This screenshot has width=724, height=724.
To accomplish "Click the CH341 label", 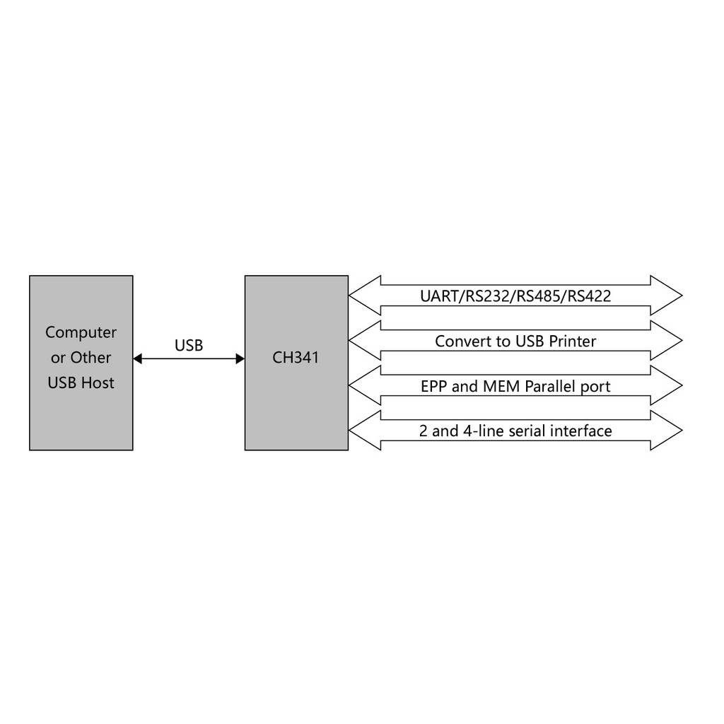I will click(x=296, y=358).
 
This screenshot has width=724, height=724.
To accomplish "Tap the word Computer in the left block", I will click(x=81, y=332).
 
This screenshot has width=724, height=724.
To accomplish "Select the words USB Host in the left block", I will click(x=81, y=383).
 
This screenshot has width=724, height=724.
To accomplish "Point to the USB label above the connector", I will click(x=189, y=346).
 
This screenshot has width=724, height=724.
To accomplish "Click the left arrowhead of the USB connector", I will click(x=138, y=359).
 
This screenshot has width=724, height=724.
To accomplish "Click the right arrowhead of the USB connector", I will click(x=240, y=359).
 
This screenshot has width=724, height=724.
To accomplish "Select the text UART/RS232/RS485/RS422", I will click(x=515, y=296).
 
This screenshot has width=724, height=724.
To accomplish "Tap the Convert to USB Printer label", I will click(x=515, y=341).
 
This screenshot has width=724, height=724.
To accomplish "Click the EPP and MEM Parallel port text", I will click(x=515, y=387).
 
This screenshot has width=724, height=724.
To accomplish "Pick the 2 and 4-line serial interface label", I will click(x=515, y=431).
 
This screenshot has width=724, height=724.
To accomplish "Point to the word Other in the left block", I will click(x=90, y=358).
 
